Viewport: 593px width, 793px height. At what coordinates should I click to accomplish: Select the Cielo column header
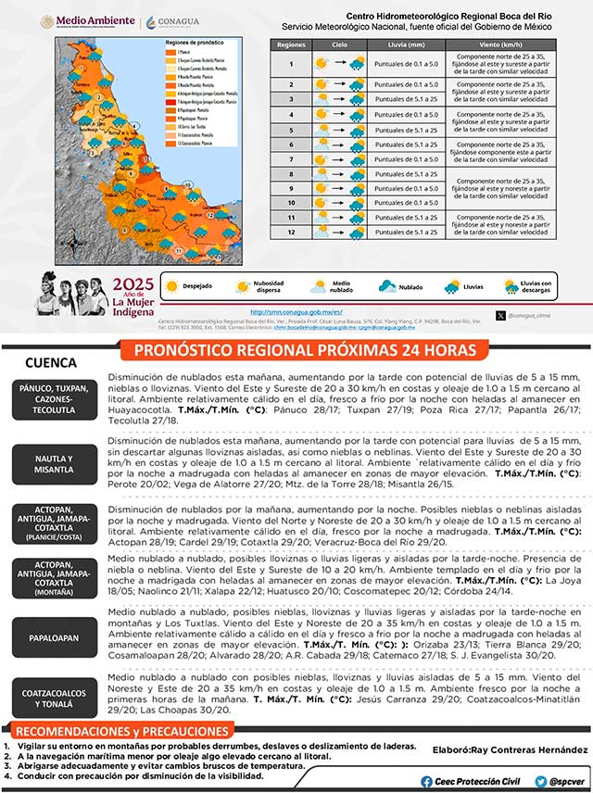coord(340,44)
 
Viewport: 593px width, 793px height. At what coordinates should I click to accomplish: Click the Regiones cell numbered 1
coord(291,64)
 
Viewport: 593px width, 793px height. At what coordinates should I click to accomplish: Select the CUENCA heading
coord(52,362)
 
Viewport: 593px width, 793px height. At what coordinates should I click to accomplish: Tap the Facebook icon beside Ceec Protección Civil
coord(426,781)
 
